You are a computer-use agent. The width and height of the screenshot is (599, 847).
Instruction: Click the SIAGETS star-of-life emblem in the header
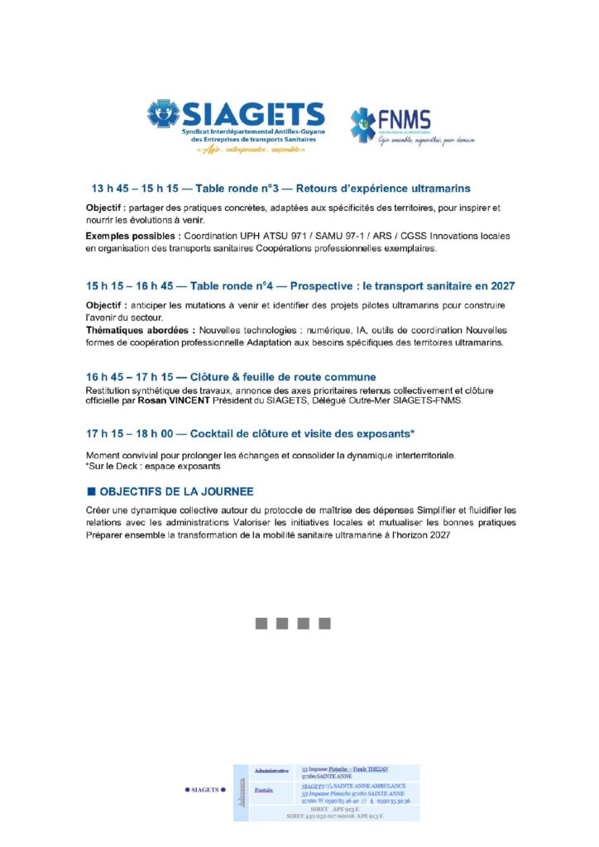pos(164,113)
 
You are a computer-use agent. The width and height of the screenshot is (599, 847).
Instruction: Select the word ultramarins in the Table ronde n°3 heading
pos(439,189)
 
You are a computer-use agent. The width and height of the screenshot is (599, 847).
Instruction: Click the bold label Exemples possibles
pos(132,236)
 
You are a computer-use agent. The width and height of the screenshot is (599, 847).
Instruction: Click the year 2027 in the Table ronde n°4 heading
pos(499,285)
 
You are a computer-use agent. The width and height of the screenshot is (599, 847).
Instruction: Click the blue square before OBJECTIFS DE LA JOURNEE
pos(91,490)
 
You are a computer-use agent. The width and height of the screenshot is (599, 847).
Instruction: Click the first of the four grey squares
pos(262,623)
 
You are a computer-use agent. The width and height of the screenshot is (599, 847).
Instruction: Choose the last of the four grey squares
pos(324,623)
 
